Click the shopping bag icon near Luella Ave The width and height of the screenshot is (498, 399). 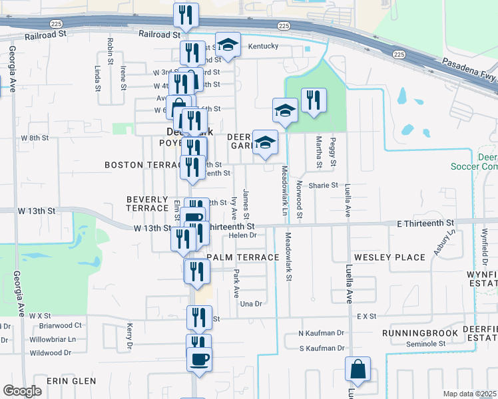358,370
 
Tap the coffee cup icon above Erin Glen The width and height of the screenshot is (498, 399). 199,360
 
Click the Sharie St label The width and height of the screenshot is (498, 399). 323,186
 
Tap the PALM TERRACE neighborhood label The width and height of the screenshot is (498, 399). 242,257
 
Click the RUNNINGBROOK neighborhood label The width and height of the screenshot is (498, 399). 420,332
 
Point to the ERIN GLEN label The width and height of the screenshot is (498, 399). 71,381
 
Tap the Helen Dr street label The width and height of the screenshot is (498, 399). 242,235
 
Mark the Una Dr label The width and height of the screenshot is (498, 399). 250,303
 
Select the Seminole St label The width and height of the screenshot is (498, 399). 426,344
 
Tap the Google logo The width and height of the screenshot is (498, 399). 22,391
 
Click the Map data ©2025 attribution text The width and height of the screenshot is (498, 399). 470,394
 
